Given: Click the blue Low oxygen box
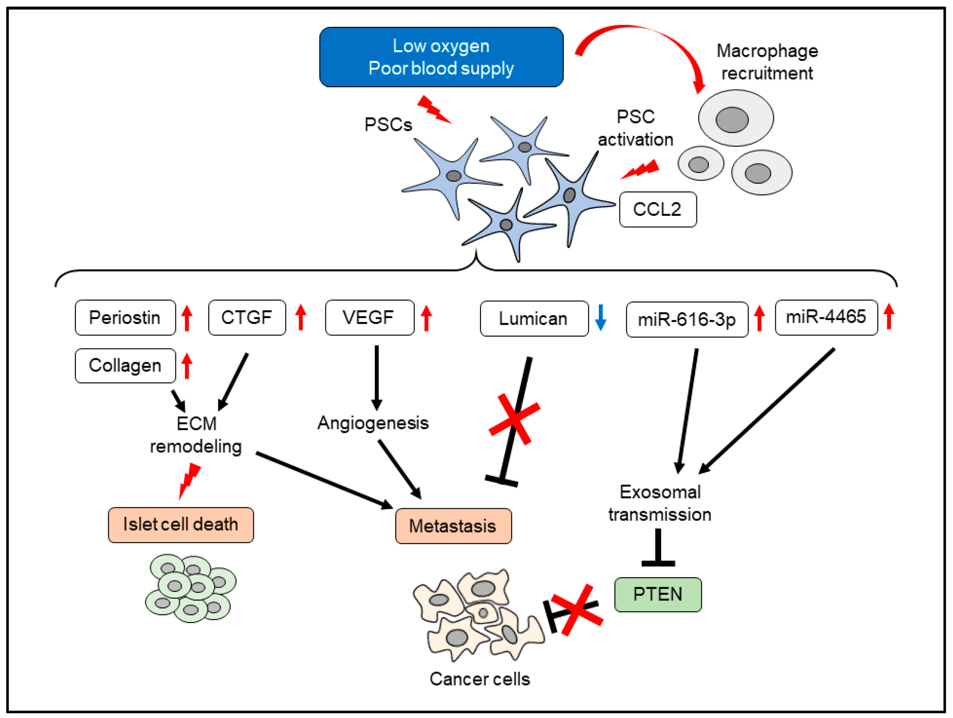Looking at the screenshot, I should (x=441, y=57).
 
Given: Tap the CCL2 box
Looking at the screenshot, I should (x=657, y=209).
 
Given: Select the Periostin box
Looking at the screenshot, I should (x=125, y=318).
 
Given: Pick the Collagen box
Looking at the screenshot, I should (x=125, y=366).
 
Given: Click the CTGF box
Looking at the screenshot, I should (x=246, y=318).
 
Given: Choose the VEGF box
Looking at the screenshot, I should (x=369, y=318).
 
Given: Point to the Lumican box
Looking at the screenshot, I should (x=534, y=319).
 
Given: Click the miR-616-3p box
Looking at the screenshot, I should (x=687, y=319).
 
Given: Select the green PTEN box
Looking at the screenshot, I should (x=657, y=594).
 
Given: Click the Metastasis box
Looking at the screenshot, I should (x=453, y=526).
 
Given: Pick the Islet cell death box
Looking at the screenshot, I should (x=180, y=524).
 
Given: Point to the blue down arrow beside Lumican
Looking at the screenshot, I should (x=601, y=318).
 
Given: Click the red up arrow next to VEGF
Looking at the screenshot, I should (x=426, y=318).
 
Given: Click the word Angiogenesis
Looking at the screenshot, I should (x=373, y=423).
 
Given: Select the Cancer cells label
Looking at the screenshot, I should (x=480, y=679).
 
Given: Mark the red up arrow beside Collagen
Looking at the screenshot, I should (x=187, y=366).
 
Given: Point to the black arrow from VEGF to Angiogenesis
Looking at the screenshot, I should (x=377, y=377).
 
